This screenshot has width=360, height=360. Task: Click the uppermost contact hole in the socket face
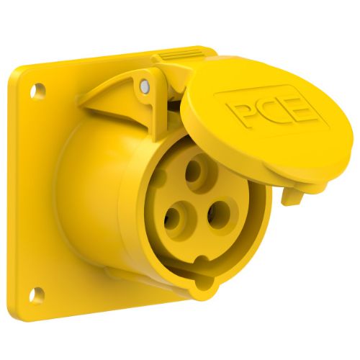tap(194, 172)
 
